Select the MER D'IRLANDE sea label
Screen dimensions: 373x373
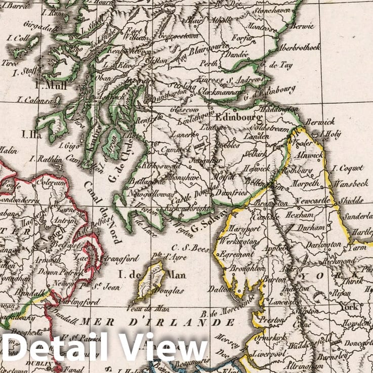click(x=158, y=322)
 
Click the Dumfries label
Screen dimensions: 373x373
click(x=231, y=193)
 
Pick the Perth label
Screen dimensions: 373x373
click(x=209, y=64)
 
